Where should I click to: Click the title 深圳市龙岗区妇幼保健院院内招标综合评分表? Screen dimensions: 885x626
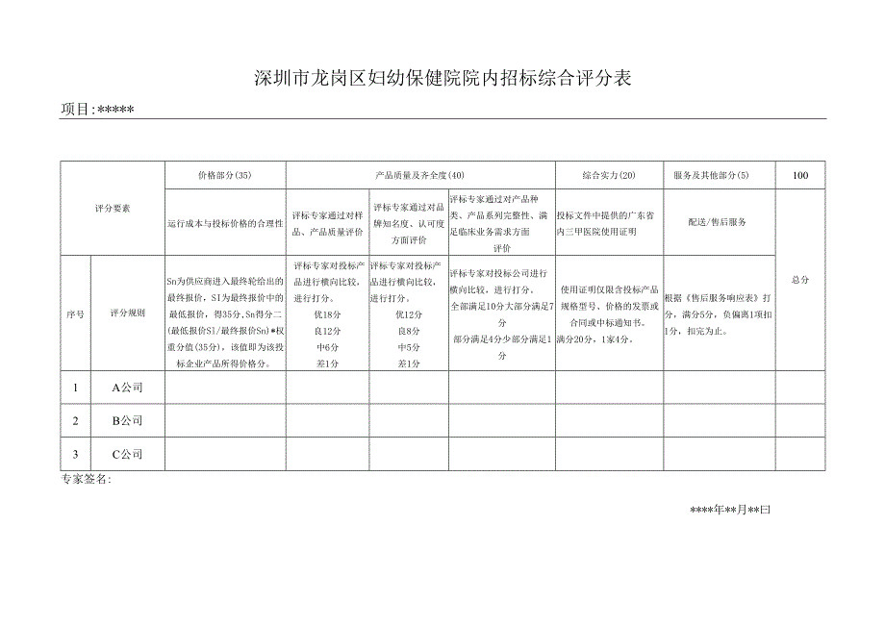(x=442, y=79)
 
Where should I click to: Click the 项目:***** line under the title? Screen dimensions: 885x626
(x=97, y=110)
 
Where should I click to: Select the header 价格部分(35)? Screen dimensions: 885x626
(x=224, y=175)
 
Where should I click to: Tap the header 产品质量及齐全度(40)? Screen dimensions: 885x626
(x=419, y=175)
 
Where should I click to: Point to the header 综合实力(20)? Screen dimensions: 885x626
(x=608, y=175)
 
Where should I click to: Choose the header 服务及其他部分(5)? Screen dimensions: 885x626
(x=718, y=175)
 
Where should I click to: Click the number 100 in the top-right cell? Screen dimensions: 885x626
(x=800, y=175)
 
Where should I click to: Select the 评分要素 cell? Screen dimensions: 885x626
(x=113, y=208)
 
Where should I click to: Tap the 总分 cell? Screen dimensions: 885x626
(x=800, y=279)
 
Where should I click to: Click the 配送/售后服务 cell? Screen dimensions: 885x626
(x=718, y=221)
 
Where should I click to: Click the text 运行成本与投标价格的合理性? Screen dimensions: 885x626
(x=224, y=222)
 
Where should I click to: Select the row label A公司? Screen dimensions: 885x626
(x=127, y=388)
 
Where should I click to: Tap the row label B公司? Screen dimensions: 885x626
(x=127, y=420)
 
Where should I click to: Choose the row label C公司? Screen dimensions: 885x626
(x=127, y=454)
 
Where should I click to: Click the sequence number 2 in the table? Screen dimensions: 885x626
(x=75, y=420)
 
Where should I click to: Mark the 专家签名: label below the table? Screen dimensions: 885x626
(x=86, y=479)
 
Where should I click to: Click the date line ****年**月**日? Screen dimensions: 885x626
(x=730, y=510)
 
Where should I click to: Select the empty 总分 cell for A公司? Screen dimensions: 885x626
(x=800, y=388)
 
